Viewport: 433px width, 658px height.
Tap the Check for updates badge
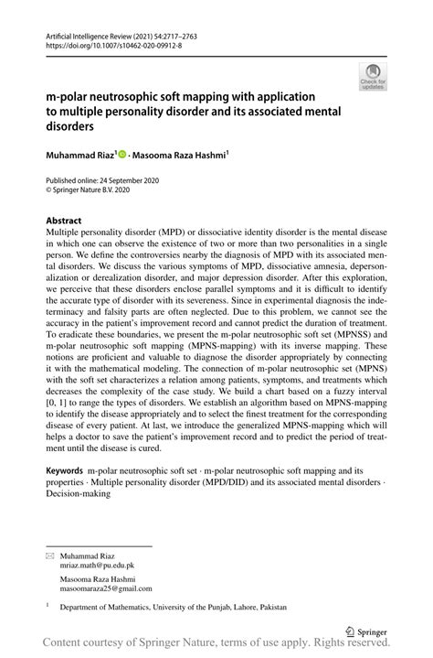374,78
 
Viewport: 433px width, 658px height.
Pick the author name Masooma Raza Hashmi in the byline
180,156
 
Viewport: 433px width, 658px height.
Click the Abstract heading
63,221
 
